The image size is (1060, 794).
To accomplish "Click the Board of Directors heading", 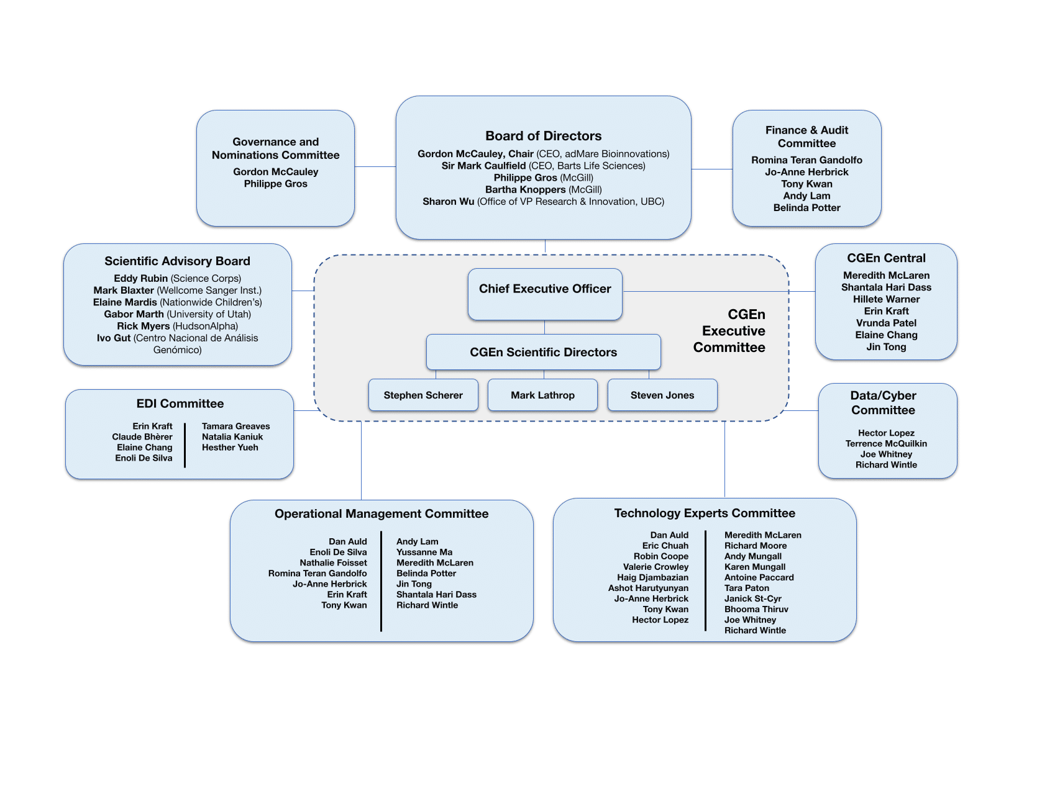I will [x=543, y=136].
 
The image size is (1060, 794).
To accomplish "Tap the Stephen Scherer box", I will [x=423, y=395].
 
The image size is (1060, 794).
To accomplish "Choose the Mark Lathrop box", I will [x=542, y=395].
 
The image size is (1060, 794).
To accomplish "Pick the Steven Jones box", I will [x=662, y=395].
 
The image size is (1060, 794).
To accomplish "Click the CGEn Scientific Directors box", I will [x=543, y=352].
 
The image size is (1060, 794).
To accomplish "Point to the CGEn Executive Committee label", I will [x=730, y=331].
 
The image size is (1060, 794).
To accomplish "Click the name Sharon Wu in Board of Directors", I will [x=448, y=202].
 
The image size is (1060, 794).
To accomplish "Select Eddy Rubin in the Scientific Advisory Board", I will [x=140, y=279].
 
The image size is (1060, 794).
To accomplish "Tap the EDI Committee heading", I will [x=180, y=404].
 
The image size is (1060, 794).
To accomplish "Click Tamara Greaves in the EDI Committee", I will [x=235, y=426].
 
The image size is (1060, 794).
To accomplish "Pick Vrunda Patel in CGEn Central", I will [x=886, y=323].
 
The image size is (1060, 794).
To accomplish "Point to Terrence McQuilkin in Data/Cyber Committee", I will [x=886, y=444].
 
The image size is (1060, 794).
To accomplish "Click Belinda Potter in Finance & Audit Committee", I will [x=806, y=208].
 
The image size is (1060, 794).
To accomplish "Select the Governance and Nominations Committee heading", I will [x=275, y=148].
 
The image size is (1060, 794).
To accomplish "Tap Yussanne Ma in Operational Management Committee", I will [x=424, y=553].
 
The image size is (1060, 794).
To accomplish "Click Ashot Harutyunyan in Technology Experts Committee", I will [x=648, y=589].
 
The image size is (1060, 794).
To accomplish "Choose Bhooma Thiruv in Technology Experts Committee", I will [x=756, y=610].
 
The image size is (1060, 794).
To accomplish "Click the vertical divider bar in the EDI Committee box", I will [x=185, y=444].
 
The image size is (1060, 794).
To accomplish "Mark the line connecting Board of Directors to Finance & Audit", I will [x=712, y=169].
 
